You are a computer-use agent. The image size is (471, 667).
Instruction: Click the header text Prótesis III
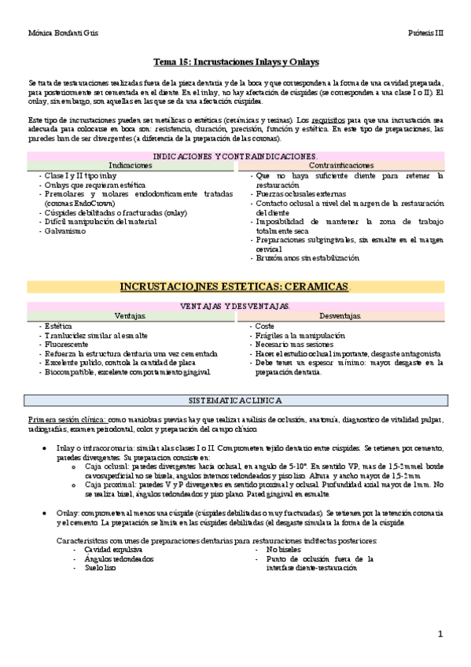tap(426, 34)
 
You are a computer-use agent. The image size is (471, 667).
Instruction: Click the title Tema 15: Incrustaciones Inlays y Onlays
tap(235, 62)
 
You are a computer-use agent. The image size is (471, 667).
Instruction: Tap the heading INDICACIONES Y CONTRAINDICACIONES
tap(235, 157)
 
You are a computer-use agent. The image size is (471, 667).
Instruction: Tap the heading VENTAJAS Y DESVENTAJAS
tap(235, 305)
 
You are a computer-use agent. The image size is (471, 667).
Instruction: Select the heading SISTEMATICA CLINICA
tap(235, 400)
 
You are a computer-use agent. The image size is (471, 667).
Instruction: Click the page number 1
tap(441, 633)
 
